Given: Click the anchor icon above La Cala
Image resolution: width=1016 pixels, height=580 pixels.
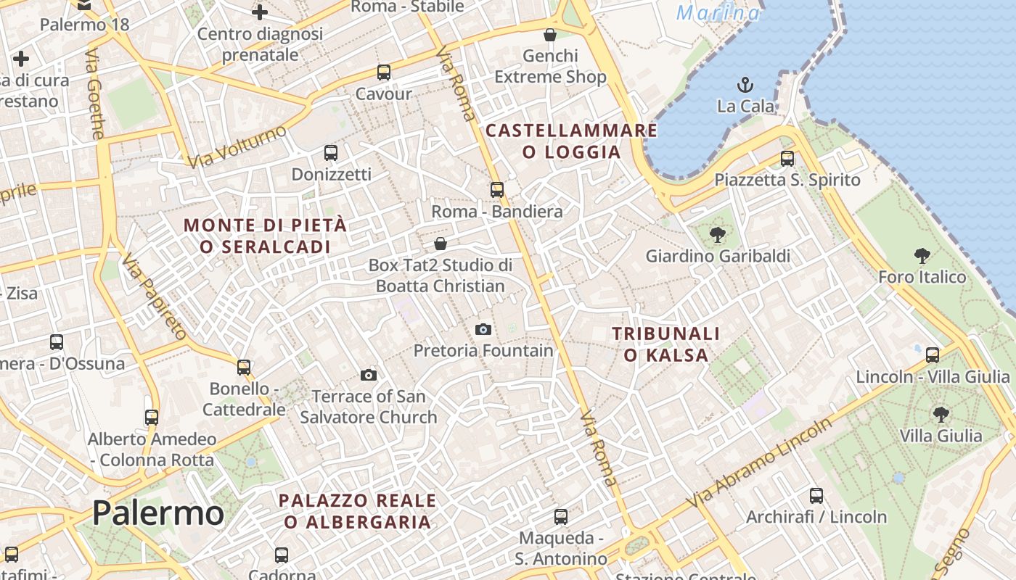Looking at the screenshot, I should (x=745, y=84).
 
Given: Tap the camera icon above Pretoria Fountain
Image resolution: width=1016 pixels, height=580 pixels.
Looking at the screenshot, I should (x=483, y=329).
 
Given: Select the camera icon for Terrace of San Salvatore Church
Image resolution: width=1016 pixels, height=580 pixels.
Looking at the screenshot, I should (x=369, y=375).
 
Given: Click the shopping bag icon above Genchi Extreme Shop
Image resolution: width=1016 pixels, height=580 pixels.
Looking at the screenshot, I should (x=550, y=35).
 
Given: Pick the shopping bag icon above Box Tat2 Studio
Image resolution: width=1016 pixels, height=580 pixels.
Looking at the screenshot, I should (x=440, y=244).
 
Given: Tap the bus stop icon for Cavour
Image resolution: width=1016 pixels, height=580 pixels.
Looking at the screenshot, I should (x=383, y=72).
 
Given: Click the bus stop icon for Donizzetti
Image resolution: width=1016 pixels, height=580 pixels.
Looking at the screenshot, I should (x=331, y=153).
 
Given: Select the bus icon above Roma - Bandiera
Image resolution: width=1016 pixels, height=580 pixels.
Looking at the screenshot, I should (x=496, y=190).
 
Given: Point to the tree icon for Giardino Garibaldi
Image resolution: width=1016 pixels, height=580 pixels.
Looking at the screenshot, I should (x=718, y=234).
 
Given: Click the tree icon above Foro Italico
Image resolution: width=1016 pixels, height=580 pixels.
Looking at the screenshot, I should (x=922, y=255).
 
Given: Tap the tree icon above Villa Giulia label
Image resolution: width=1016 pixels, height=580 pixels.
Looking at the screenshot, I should (x=941, y=415).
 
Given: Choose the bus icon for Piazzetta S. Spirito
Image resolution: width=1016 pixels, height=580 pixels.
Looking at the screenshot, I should (x=787, y=158).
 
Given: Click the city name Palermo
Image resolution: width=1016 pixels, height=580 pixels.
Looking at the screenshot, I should (x=157, y=513).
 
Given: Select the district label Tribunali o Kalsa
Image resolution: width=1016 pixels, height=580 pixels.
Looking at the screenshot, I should (x=665, y=344).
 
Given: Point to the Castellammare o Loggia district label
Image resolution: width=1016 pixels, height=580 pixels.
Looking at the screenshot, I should (x=571, y=141).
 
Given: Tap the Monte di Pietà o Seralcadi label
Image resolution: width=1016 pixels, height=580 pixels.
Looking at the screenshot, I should (x=265, y=236).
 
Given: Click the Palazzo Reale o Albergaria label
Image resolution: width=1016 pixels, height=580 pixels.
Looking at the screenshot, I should (x=357, y=510).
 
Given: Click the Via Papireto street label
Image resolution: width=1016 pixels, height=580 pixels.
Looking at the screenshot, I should (x=155, y=297).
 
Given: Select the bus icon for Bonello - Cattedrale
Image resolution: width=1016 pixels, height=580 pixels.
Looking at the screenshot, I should (x=244, y=368).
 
